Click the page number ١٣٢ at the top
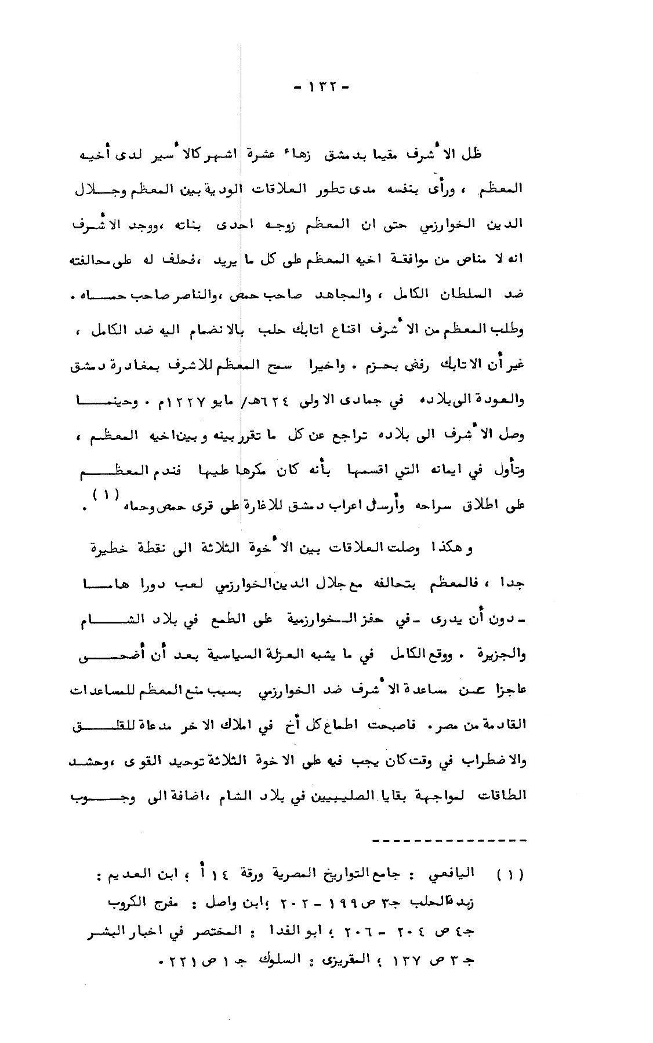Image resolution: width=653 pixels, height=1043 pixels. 322,87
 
